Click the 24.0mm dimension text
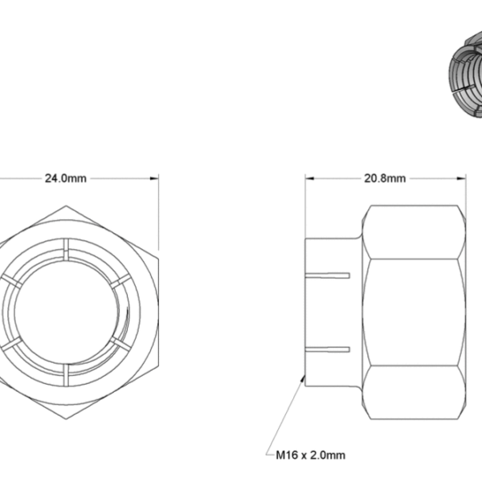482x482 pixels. pyautogui.click(x=66, y=178)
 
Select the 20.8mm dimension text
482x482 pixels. pyautogui.click(x=385, y=178)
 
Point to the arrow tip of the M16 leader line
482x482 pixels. pyautogui.click(x=303, y=377)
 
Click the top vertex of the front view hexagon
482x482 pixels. pyautogui.click(x=66, y=206)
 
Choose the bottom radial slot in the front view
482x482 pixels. pyautogui.click(x=66, y=374)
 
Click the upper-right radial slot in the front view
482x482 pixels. pyautogui.click(x=120, y=281)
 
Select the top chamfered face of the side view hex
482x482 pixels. pyautogui.click(x=414, y=232)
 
